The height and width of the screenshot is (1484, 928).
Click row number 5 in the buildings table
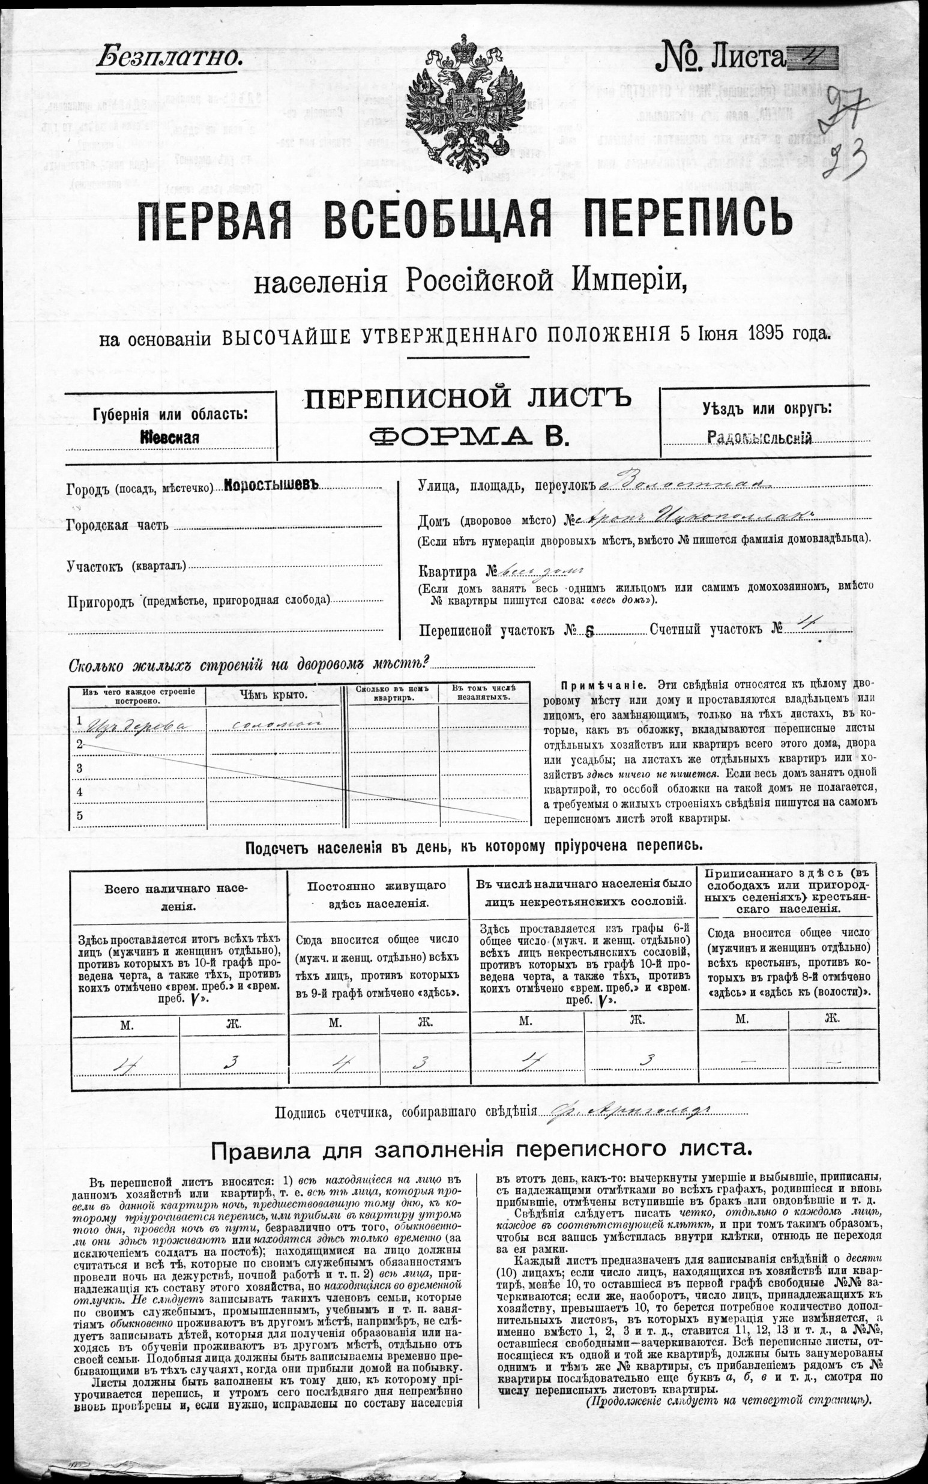(79, 816)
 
